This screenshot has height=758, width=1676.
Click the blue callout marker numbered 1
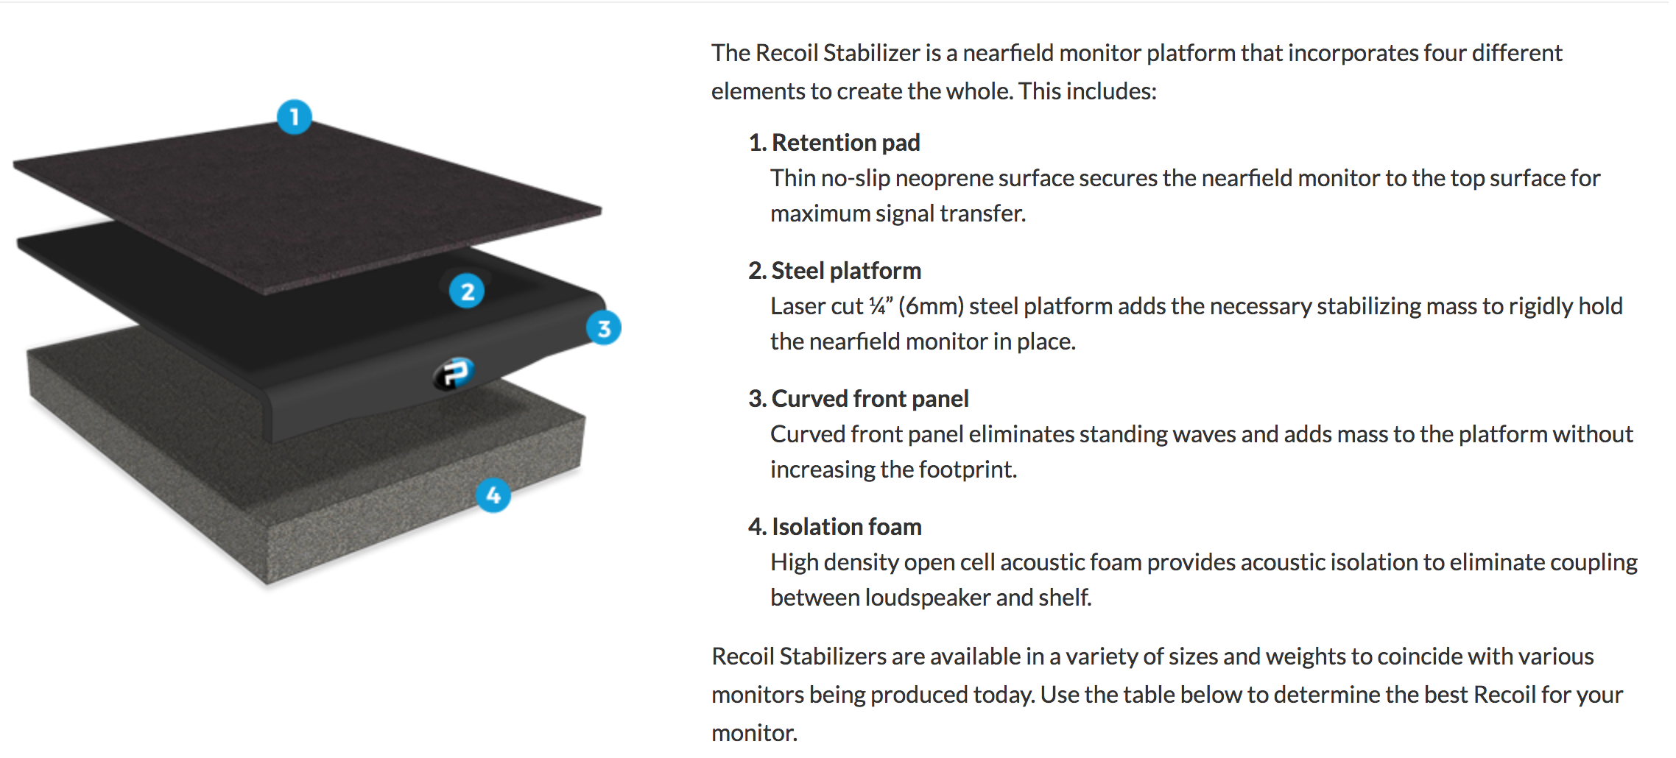click(x=295, y=117)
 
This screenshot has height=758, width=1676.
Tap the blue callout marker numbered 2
click(x=467, y=291)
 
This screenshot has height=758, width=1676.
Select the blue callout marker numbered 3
click(x=604, y=328)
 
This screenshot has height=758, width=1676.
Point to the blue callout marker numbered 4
click(x=493, y=495)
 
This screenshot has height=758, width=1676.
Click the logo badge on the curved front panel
click(x=454, y=373)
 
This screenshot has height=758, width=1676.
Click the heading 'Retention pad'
click(x=846, y=143)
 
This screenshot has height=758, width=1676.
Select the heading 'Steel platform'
click(x=846, y=271)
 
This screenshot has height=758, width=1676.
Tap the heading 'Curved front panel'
click(x=870, y=399)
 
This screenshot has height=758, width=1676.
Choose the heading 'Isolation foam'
click(x=847, y=527)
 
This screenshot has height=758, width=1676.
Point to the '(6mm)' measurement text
click(x=931, y=306)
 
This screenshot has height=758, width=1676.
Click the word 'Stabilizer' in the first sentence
click(x=871, y=53)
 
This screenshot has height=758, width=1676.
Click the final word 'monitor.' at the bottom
click(x=754, y=733)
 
